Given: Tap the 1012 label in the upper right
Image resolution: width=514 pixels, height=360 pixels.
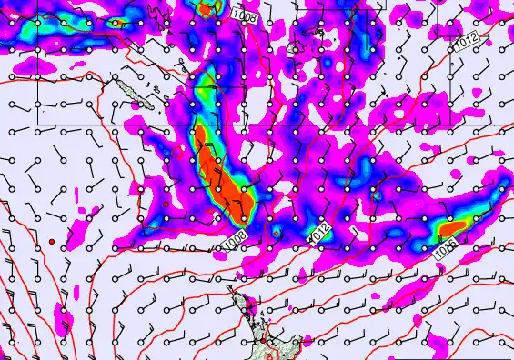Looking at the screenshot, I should pos(466,41).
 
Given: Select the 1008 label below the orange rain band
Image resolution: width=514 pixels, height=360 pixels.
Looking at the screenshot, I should pos(234,240).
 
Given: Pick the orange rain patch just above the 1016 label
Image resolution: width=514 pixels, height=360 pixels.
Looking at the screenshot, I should pos(456,225).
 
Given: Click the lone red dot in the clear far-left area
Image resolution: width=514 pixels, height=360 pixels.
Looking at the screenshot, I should pos(53,241).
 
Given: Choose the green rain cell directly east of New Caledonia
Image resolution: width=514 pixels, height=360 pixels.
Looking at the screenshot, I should pos(202,90).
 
